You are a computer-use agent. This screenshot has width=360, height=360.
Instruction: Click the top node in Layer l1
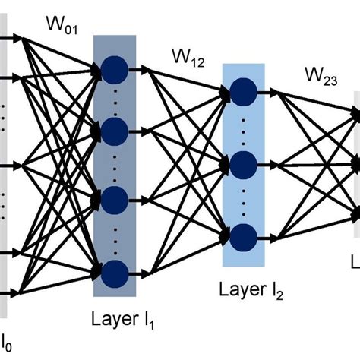[115, 71]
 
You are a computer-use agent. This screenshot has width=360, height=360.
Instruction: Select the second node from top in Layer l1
[115, 130]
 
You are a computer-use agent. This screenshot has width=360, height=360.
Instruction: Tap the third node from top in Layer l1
[115, 200]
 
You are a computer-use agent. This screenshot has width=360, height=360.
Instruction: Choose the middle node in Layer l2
[243, 163]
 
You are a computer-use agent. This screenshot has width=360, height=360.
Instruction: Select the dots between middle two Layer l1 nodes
[115, 165]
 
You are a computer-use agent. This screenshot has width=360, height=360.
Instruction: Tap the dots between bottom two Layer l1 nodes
[115, 235]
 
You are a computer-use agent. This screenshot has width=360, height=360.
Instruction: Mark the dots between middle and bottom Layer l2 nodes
[243, 198]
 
